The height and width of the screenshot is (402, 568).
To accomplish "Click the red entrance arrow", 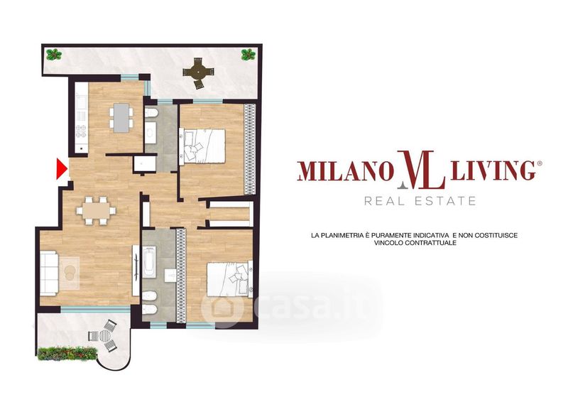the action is click(x=62, y=169).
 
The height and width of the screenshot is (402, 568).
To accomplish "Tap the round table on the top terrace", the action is click(x=197, y=72).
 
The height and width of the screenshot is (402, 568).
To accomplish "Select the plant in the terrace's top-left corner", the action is click(x=54, y=55).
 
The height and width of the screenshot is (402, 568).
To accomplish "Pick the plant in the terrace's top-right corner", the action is click(x=248, y=55).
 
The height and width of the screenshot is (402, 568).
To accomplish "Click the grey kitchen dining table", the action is click(x=121, y=117).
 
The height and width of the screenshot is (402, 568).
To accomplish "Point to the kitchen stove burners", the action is click(x=81, y=131).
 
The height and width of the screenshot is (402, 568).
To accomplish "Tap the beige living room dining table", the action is click(x=96, y=210).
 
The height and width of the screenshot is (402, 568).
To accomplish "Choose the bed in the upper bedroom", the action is click(x=202, y=146).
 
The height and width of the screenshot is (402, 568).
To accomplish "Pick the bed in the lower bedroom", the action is click(x=229, y=279).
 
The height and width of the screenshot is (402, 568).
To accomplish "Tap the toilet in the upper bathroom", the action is click(x=151, y=114).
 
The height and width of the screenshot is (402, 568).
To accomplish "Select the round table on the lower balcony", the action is click(x=104, y=336).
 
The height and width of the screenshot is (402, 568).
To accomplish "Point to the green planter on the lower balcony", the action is click(x=67, y=354).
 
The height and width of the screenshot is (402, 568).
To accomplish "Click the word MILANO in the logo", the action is click(x=346, y=171).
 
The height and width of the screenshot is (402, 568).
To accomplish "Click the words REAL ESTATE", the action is click(x=420, y=201).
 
